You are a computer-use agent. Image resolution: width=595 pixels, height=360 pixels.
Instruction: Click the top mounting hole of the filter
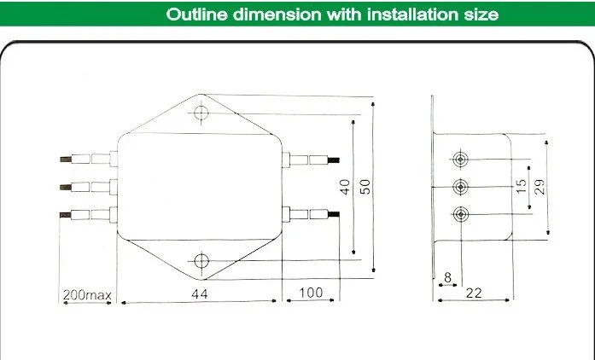pos(201,113)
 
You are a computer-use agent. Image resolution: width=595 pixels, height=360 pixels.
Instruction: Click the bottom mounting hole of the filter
pos(201,261)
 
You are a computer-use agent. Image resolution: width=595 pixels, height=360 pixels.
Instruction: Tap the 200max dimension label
pos(87,295)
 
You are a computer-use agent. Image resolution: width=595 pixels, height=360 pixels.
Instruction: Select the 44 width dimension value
pos(200,294)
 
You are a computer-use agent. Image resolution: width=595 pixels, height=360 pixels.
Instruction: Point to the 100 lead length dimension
pos(311,293)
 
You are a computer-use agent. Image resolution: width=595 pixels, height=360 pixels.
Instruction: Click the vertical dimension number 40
pos(345,187)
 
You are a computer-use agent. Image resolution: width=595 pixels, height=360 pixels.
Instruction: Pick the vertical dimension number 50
pos(365,187)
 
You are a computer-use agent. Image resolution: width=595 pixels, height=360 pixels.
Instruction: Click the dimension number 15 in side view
pos(522,186)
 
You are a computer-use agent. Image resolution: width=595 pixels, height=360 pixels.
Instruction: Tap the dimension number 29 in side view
pos(540,187)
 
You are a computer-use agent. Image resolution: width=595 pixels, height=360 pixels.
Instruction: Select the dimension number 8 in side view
pos(448,278)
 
